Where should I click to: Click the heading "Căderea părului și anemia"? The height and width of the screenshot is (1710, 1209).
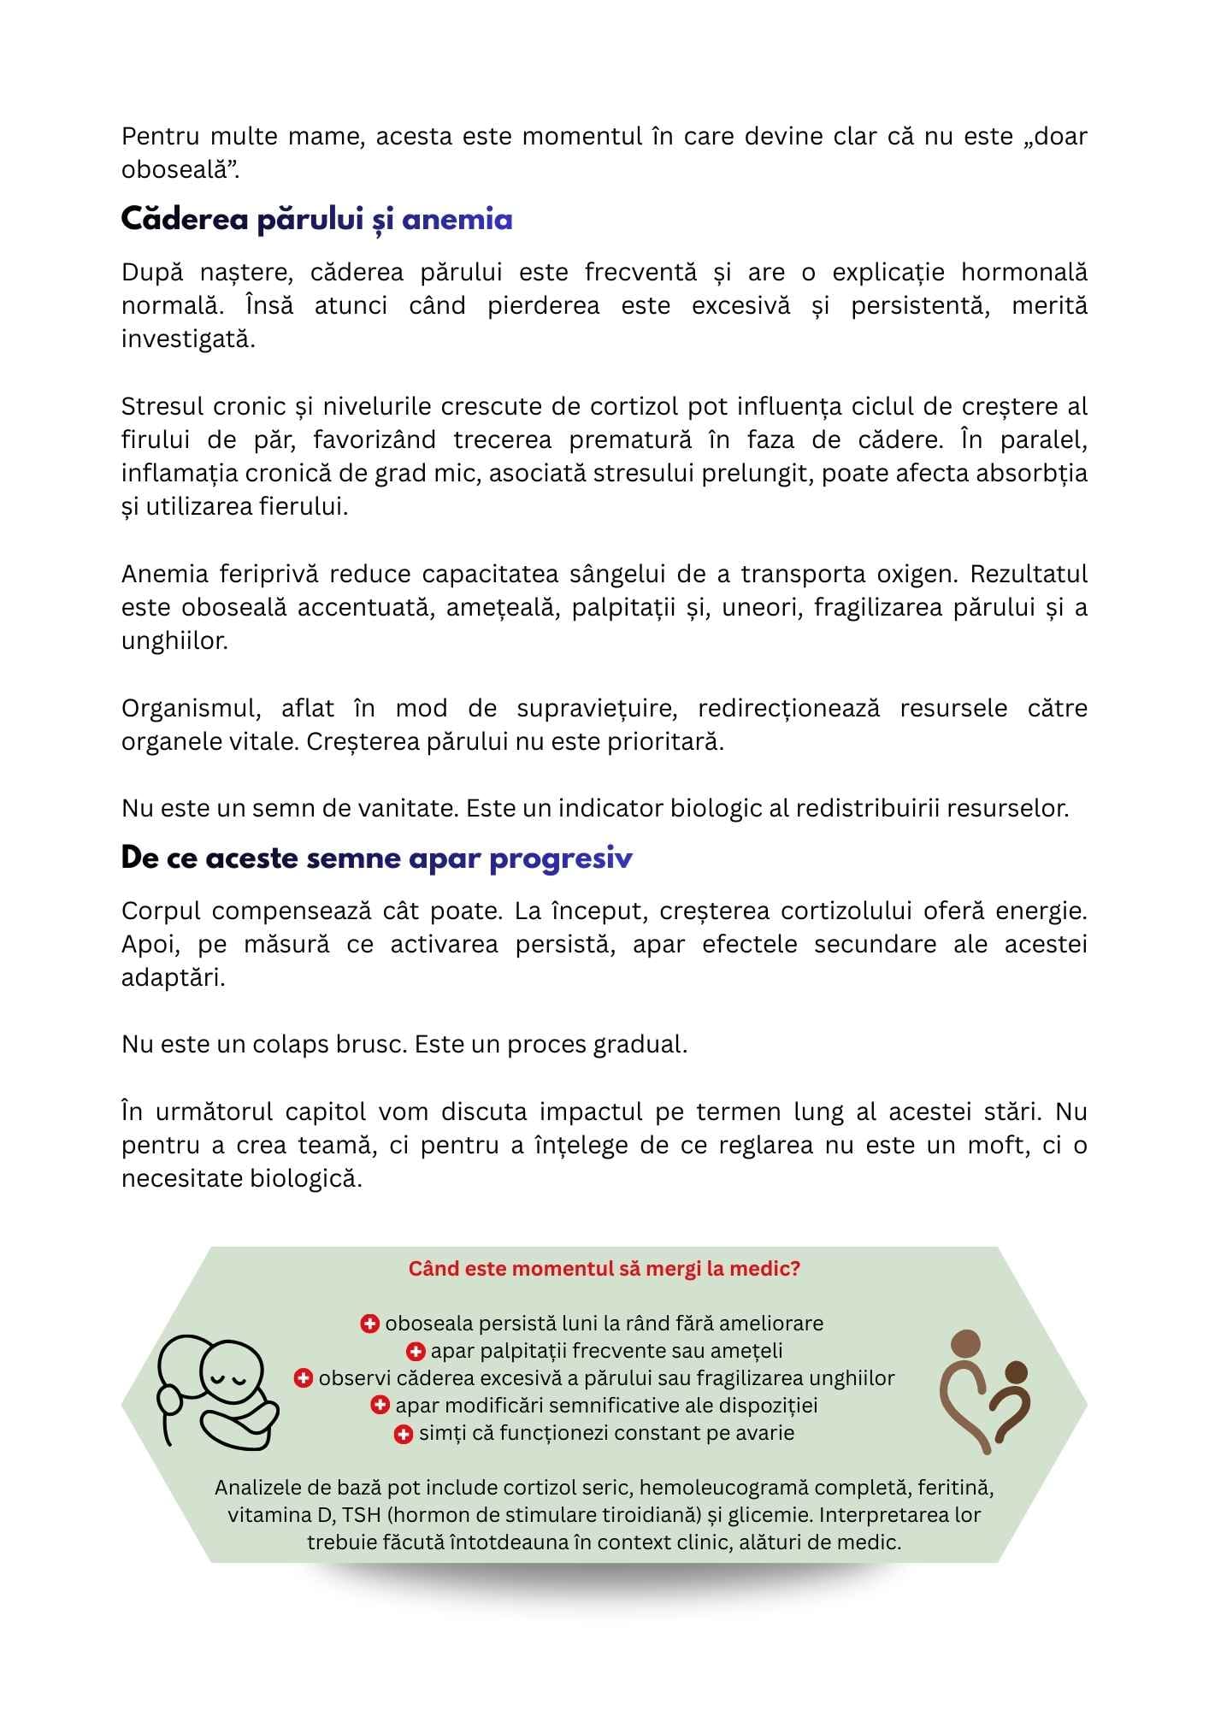tap(316, 221)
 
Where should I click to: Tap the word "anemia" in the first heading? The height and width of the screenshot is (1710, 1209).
tap(457, 221)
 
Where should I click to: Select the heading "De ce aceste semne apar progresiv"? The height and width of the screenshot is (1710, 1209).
tap(376, 858)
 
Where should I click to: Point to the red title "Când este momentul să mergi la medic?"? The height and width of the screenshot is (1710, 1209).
tap(604, 1268)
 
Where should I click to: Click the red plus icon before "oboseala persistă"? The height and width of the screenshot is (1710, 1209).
tap(369, 1324)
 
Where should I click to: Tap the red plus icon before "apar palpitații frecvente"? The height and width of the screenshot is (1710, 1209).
tap(415, 1351)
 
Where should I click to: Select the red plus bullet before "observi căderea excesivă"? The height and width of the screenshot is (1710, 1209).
tap(303, 1378)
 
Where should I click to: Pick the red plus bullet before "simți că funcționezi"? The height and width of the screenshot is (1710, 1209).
tap(403, 1434)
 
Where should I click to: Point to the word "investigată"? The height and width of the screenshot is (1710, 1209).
tap(188, 339)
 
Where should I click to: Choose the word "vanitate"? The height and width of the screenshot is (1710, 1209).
tap(407, 808)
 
